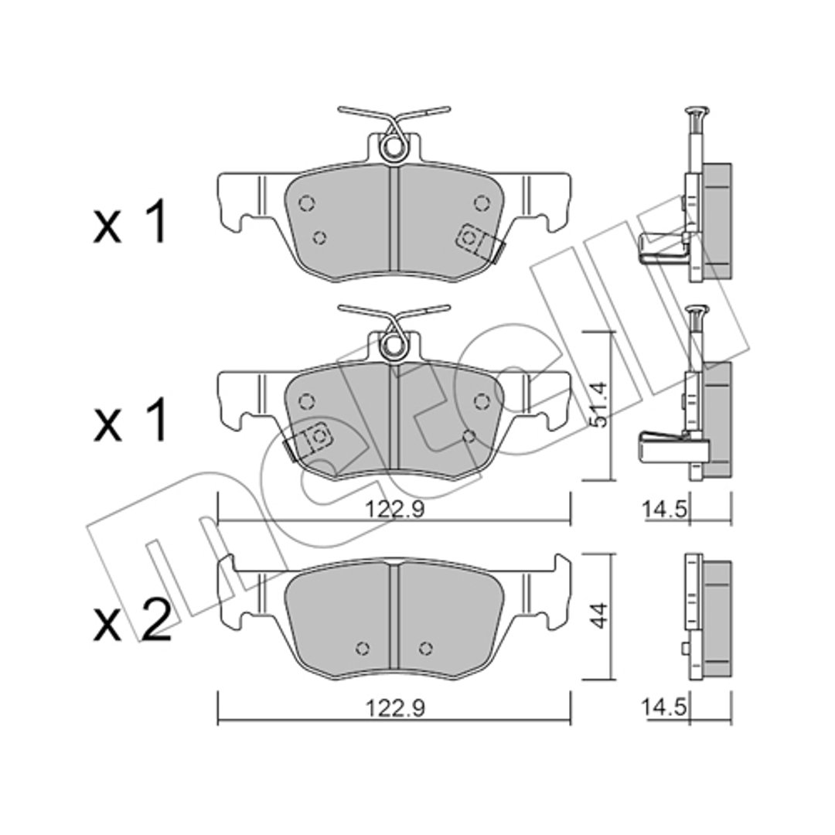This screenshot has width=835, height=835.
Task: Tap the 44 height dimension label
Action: (600, 615)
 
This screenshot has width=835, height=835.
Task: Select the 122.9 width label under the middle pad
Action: (394, 510)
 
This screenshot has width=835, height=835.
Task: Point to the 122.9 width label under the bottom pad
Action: (394, 708)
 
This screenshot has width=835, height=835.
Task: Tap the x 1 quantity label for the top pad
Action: (129, 223)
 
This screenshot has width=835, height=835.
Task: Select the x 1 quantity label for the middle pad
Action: (129, 422)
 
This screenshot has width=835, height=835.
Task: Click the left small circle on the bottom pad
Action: (362, 648)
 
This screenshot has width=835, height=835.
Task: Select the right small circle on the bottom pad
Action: (425, 648)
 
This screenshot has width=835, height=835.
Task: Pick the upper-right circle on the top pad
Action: (482, 203)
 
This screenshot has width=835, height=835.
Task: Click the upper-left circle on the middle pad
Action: (306, 401)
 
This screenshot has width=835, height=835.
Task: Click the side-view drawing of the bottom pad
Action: (707, 616)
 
